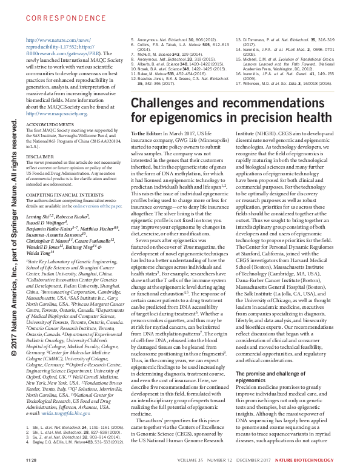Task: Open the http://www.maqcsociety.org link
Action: tap(73, 112)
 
